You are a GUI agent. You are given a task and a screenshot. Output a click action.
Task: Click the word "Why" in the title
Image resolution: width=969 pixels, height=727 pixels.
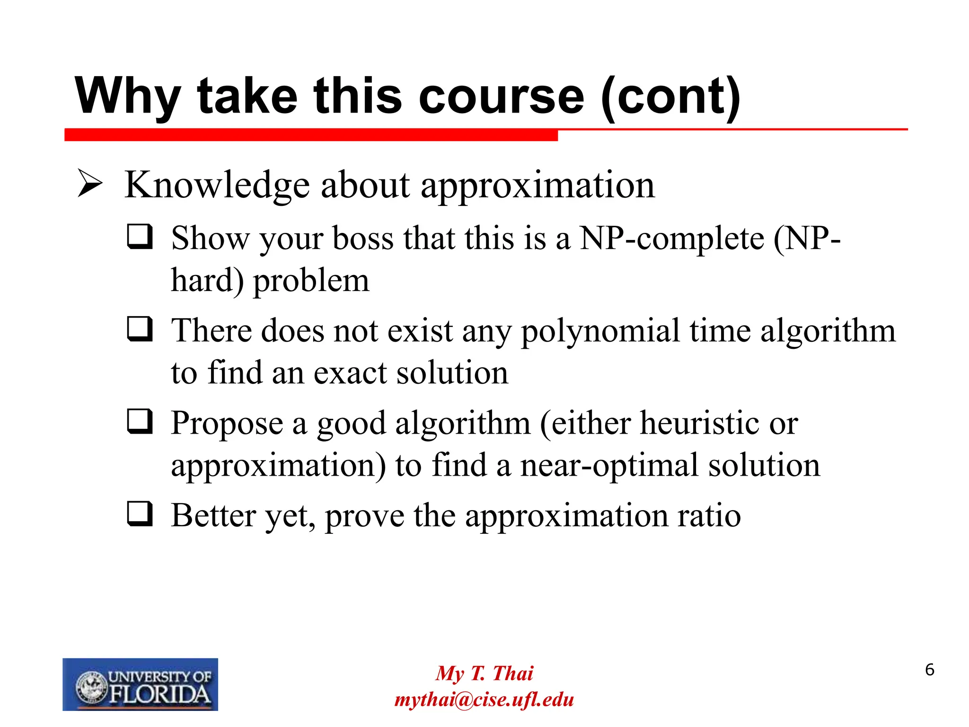127,97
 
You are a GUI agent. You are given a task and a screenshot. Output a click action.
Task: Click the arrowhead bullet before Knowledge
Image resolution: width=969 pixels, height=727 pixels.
90,184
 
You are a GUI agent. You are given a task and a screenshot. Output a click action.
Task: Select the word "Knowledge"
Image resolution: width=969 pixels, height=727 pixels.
217,186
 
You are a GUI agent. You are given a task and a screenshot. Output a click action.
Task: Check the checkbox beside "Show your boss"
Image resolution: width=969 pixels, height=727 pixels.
140,237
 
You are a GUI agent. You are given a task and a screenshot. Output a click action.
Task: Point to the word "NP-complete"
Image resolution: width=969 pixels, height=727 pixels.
672,238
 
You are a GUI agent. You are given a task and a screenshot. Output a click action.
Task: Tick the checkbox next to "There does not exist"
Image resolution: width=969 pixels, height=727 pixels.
140,329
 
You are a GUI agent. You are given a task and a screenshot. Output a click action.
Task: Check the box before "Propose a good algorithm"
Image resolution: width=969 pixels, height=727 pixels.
140,421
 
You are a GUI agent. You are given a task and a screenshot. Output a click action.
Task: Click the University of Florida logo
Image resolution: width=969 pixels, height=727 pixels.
140,684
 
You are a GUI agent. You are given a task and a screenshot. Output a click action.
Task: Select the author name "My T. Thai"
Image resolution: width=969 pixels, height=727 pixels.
484,673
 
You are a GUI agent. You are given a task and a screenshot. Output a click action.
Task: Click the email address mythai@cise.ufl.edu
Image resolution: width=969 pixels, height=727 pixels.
484,700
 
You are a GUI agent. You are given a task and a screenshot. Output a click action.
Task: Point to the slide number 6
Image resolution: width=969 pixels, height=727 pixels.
929,670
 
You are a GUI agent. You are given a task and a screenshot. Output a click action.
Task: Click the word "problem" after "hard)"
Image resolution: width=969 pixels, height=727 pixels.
311,281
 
